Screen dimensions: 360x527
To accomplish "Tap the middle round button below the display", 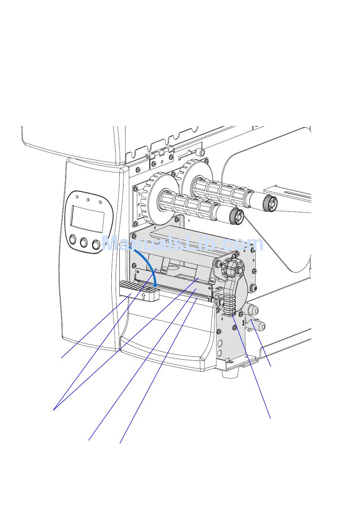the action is (84, 242).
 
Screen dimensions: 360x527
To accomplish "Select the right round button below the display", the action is (96, 245).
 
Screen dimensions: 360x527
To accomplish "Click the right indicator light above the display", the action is (100, 202).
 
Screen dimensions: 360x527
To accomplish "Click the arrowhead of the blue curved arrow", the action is (155, 285).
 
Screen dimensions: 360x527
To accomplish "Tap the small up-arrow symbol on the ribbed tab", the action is (143, 296).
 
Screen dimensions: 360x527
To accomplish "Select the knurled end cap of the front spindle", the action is (237, 216).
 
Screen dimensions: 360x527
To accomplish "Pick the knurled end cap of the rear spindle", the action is (270, 203).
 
